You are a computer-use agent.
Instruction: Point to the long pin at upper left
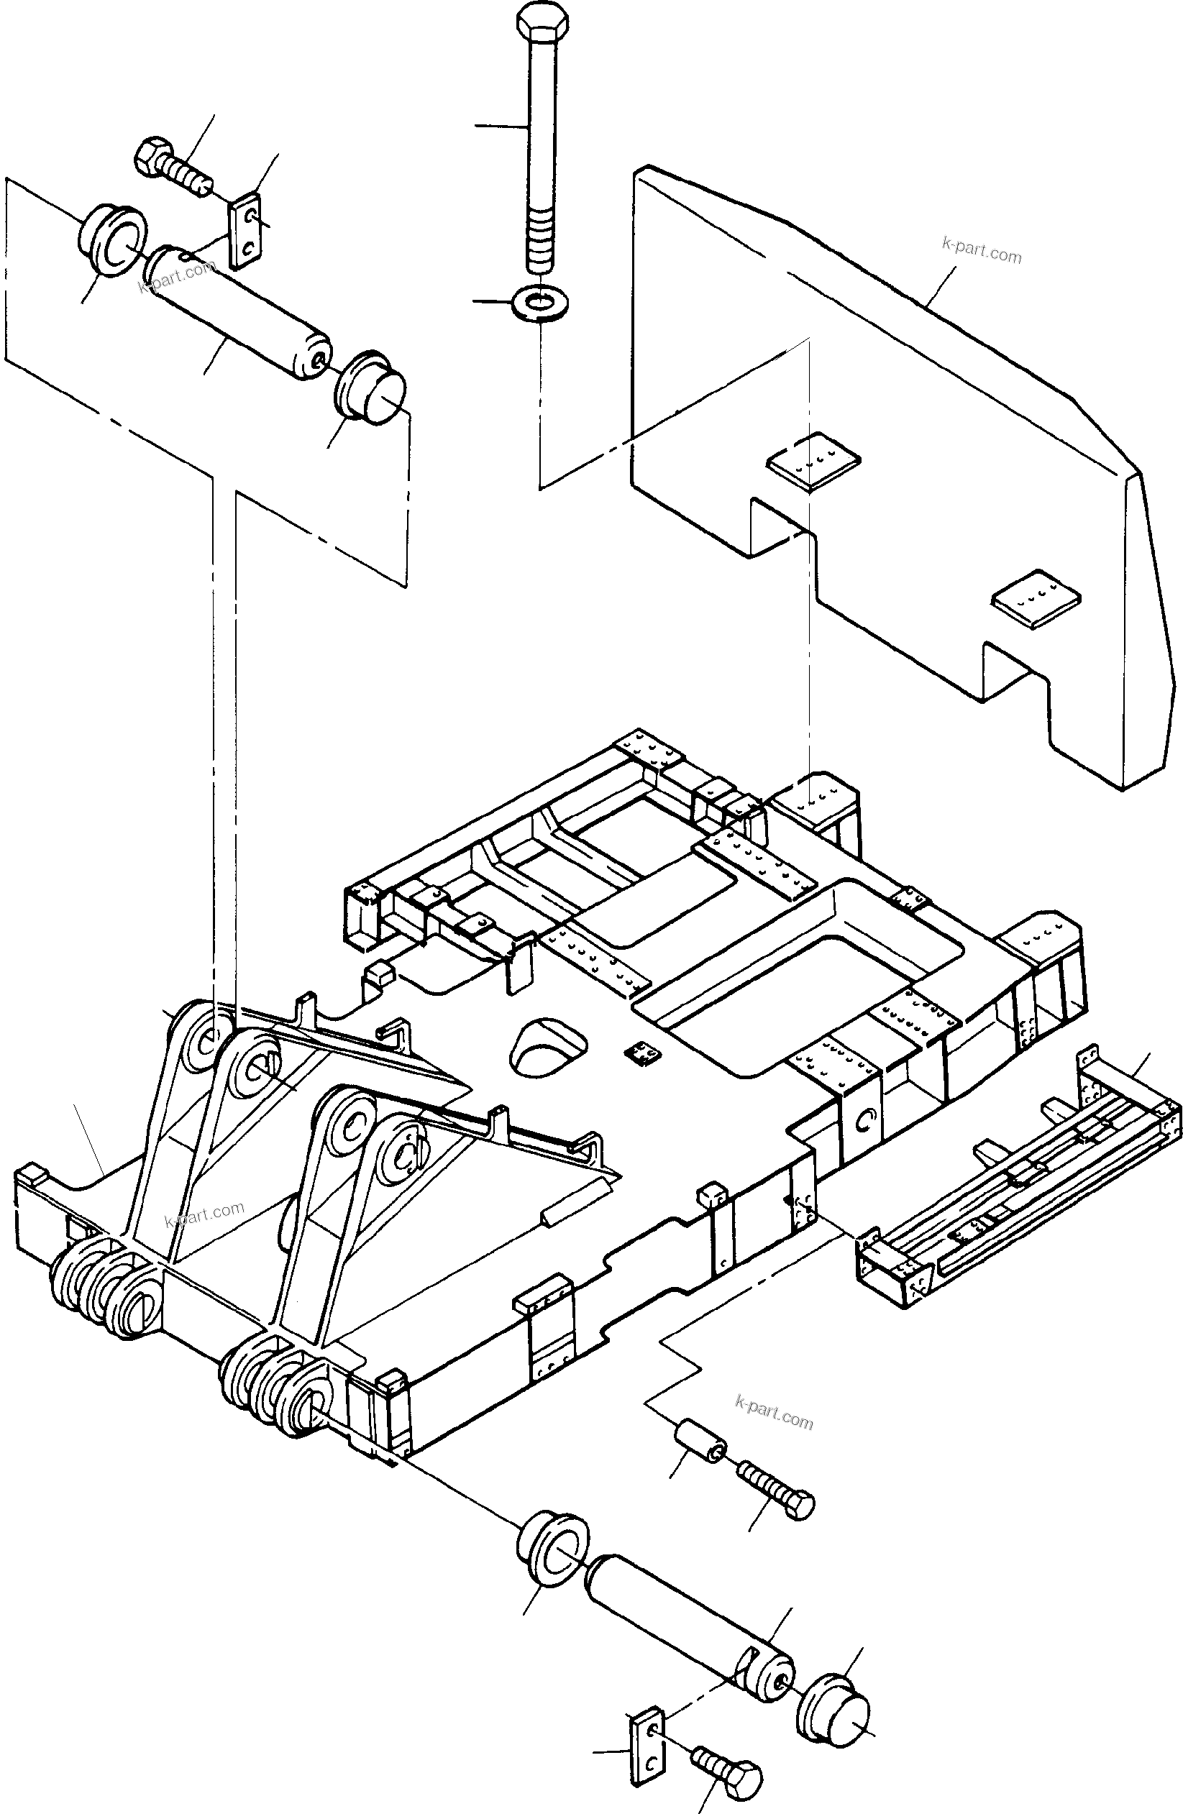(x=238, y=313)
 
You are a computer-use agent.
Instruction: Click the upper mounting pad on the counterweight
(x=813, y=461)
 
